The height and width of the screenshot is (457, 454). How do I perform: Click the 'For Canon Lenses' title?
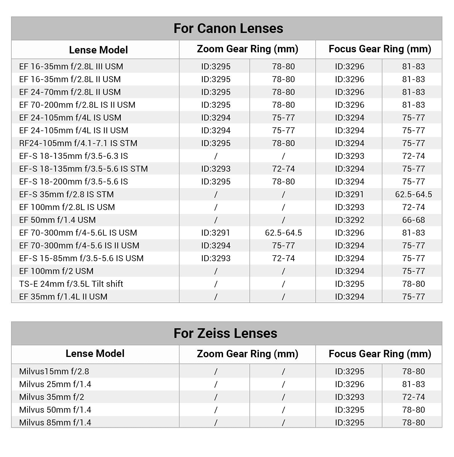228,28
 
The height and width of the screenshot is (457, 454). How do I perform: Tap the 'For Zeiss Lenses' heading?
225,333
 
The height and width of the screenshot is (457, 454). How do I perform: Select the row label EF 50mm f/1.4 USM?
57,220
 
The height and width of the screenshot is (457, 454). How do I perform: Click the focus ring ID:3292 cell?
349,220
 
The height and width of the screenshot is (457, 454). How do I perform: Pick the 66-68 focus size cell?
413,220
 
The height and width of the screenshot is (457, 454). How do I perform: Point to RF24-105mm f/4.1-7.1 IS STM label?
78,143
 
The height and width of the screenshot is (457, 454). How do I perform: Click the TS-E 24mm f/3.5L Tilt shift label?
71,284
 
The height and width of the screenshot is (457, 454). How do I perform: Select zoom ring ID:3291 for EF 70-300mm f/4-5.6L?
216,233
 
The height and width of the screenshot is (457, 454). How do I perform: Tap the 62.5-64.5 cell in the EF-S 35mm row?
413,194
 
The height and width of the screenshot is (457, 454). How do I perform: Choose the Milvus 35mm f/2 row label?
52,397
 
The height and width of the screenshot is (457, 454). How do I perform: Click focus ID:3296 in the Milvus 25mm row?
349,384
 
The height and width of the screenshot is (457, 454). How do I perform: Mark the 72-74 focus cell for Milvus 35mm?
413,397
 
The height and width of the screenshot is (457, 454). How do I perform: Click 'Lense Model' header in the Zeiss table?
95,354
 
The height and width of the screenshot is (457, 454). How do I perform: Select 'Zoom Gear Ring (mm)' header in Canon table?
247,49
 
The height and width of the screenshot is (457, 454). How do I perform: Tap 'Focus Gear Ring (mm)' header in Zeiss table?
380,354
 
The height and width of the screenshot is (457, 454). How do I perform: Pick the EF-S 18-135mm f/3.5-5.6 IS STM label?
84,169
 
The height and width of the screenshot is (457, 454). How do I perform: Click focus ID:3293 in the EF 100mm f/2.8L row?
349,207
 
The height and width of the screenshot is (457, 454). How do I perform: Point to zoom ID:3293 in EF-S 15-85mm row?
216,258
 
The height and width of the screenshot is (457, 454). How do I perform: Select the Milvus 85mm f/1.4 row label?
55,423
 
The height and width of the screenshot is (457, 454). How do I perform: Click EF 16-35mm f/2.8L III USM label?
71,67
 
